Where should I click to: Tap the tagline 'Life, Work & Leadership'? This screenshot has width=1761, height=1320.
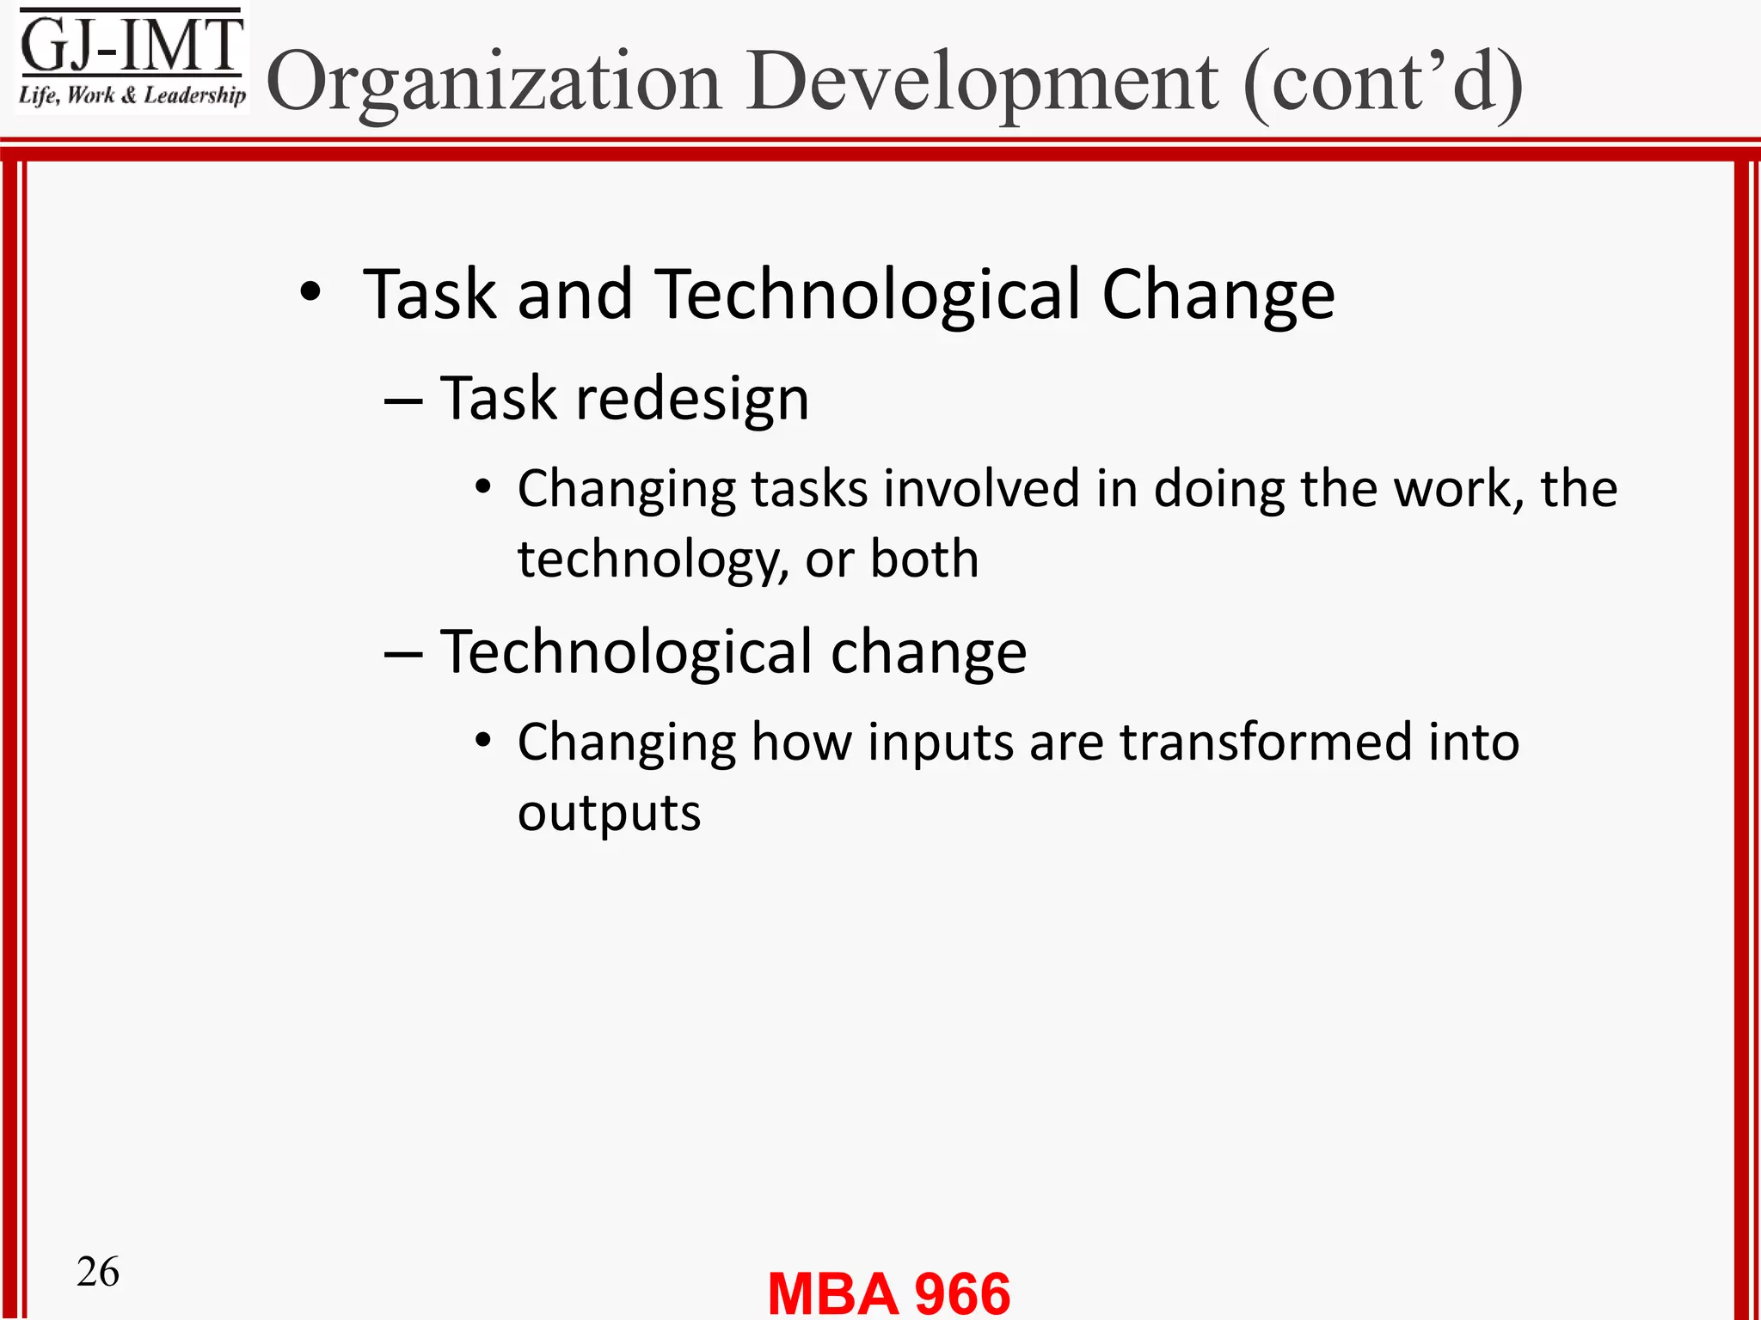[x=132, y=95]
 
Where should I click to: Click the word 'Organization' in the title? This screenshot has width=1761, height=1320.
[x=494, y=82]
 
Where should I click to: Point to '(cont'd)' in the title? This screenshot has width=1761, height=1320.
[x=1383, y=82]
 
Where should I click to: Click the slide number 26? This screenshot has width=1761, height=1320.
[x=98, y=1272]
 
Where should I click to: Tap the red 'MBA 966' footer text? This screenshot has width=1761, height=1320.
[x=889, y=1292]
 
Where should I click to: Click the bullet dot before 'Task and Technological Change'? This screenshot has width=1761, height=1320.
[x=310, y=293]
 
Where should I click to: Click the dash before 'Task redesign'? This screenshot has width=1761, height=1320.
[x=402, y=400]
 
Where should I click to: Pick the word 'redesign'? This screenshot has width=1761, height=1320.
[x=692, y=400]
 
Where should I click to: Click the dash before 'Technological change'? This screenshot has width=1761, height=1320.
[x=402, y=654]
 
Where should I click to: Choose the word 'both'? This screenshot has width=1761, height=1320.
[x=924, y=559]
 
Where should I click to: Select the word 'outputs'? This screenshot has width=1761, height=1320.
[x=609, y=813]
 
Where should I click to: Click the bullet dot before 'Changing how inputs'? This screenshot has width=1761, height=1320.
[x=483, y=740]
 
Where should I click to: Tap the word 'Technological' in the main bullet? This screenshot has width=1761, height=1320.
[x=868, y=294]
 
